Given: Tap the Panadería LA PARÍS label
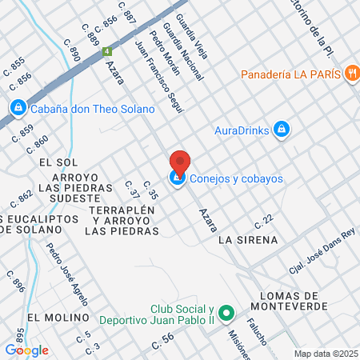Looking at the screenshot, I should coord(294,74).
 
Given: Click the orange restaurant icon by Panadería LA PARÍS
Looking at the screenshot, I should coord(351,74).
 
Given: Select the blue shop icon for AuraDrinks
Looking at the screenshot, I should coord(281,129).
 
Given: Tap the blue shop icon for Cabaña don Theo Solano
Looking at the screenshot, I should coord(18,107).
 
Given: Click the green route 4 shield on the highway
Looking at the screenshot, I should coord(106,52).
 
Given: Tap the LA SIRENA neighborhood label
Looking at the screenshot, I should coord(247,239).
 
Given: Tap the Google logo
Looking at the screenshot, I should coord(26,350).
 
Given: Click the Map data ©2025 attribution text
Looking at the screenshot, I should coord(326,354).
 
